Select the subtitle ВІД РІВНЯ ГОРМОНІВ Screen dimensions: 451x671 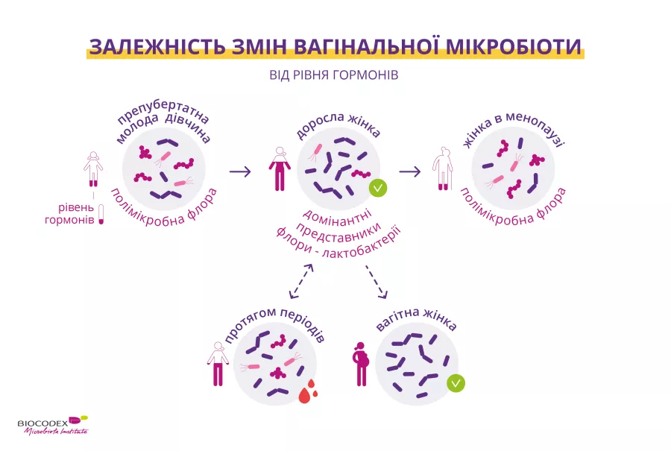[x=334, y=76]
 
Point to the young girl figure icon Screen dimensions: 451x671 [x=92, y=169]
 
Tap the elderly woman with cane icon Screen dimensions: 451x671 [x=444, y=169]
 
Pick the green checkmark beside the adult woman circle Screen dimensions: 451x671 [x=378, y=188]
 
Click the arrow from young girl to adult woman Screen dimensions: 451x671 [x=240, y=171]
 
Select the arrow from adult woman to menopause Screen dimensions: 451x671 [x=410, y=171]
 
